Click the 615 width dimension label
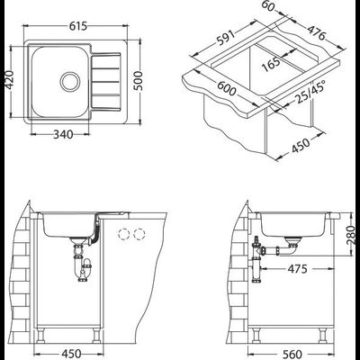(x=78, y=26)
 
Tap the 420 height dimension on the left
(x=10, y=80)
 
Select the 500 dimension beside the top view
(x=139, y=81)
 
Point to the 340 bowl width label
(x=63, y=134)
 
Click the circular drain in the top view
(x=70, y=81)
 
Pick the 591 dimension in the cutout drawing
(x=225, y=39)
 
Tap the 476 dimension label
(x=316, y=31)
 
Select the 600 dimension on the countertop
(x=227, y=88)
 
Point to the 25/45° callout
(x=309, y=92)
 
